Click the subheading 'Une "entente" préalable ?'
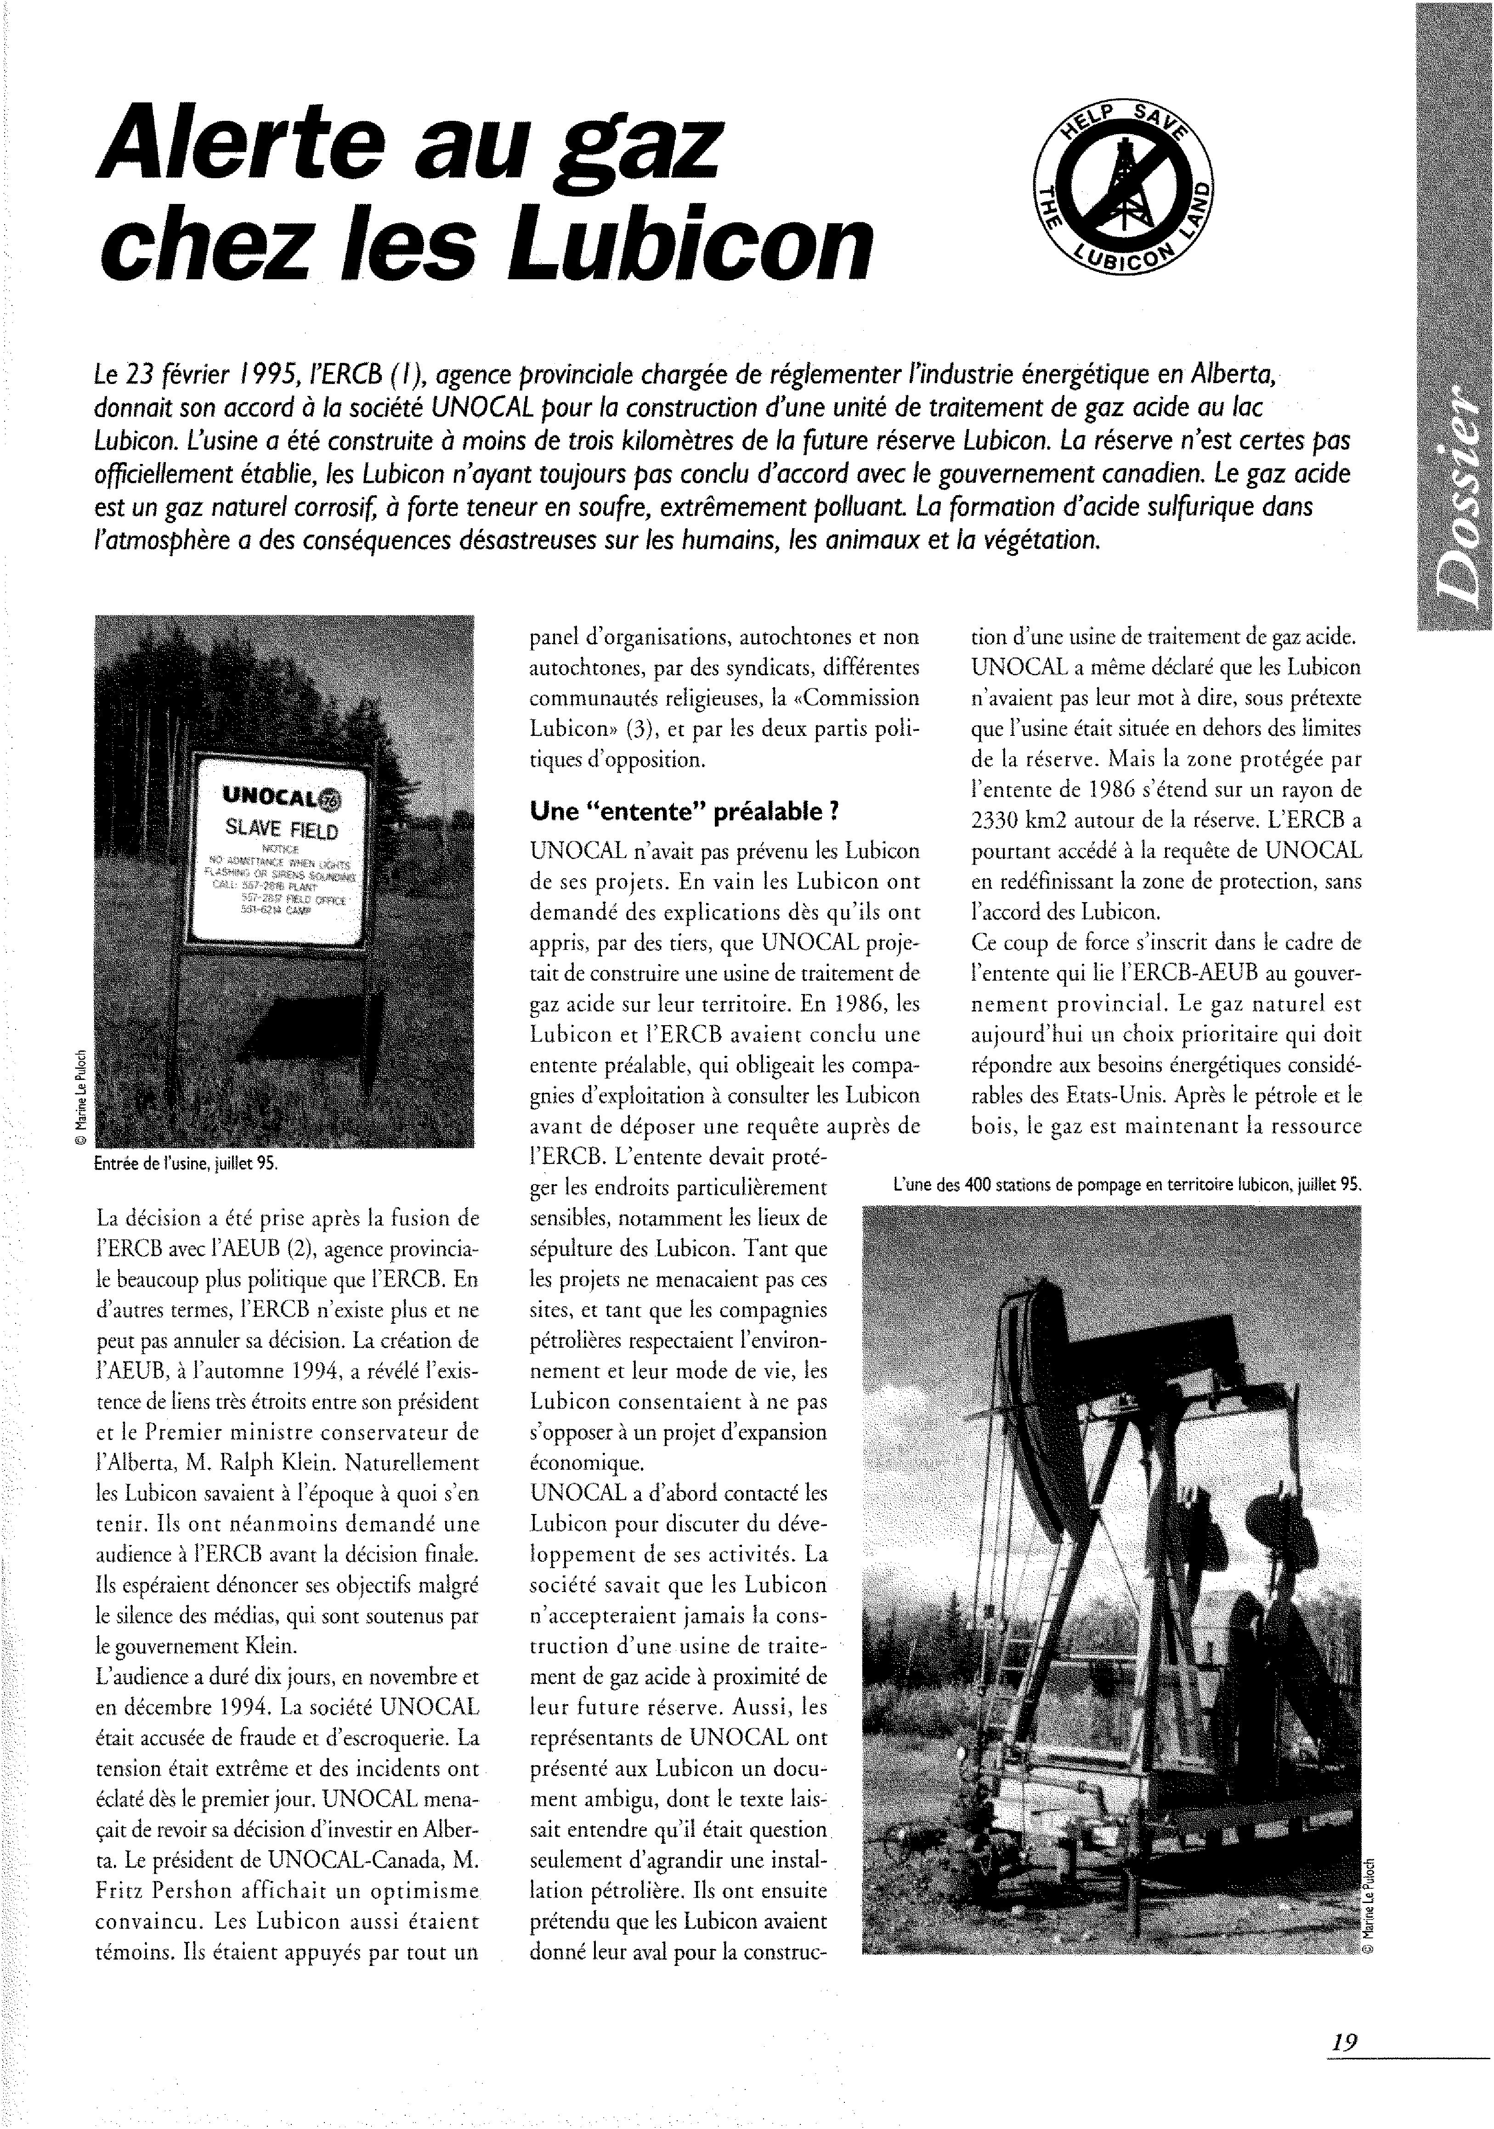[x=684, y=811]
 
